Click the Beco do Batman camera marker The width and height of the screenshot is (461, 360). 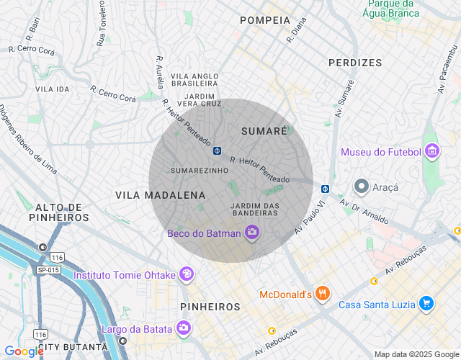[x=252, y=232]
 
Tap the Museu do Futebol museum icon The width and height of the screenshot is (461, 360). [x=432, y=151]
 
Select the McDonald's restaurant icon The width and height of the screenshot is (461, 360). [x=322, y=294]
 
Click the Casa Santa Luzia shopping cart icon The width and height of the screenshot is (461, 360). [x=426, y=304]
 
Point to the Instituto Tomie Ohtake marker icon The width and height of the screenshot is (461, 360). [x=187, y=274]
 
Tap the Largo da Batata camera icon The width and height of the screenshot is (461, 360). [x=184, y=329]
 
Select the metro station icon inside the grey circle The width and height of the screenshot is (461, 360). [x=217, y=150]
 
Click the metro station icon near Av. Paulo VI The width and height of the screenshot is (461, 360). [x=325, y=189]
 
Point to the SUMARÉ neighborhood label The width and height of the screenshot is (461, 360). [x=264, y=131]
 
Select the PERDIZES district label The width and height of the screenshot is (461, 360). [x=355, y=63]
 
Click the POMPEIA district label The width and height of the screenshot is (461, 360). [x=264, y=20]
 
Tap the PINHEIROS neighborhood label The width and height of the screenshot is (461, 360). [x=210, y=307]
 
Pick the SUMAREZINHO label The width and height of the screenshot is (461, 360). [x=200, y=171]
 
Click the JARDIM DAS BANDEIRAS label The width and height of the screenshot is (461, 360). [x=255, y=209]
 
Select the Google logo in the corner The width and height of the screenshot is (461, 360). [x=23, y=351]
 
